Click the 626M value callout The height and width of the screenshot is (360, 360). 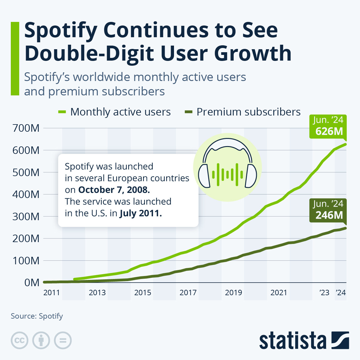(x=328, y=127)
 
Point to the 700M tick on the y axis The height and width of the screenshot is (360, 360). (x=26, y=128)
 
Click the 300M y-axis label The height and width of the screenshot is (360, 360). (x=26, y=216)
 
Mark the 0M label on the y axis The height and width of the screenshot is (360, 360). (x=32, y=283)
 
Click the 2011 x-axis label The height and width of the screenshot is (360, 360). (x=52, y=292)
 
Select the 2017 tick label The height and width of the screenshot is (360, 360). (x=188, y=292)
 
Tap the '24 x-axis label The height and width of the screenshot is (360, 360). (x=340, y=292)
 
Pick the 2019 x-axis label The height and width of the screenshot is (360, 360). (x=233, y=292)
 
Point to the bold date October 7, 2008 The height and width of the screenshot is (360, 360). (x=114, y=190)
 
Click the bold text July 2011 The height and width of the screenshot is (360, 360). (x=140, y=213)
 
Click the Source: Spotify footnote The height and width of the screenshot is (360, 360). (x=37, y=316)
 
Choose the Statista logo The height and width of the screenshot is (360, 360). (x=304, y=340)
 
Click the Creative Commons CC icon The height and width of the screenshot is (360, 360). (x=19, y=340)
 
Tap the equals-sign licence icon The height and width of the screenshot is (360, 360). (x=63, y=340)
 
